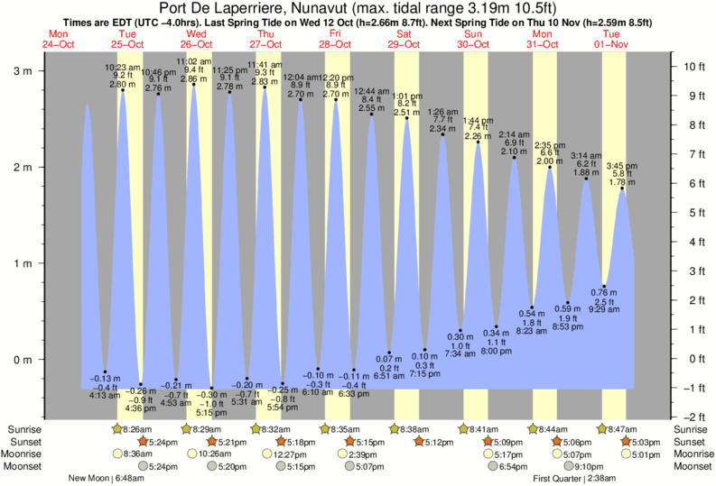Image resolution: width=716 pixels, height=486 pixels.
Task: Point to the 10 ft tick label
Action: pyautogui.click(x=694, y=67)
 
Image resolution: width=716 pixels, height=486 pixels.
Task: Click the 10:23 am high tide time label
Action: pyautogui.click(x=123, y=68)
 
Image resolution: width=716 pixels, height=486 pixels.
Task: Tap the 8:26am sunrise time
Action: pyautogui.click(x=136, y=429)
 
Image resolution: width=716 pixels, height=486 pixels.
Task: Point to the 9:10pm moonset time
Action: pyautogui.click(x=588, y=466)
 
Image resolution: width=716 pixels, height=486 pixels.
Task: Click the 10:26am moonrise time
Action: pyautogui.click(x=209, y=454)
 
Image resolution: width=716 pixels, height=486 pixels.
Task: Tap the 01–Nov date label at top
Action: pyautogui.click(x=611, y=43)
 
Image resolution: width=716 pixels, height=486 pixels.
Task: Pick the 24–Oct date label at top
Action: pyautogui.click(x=57, y=43)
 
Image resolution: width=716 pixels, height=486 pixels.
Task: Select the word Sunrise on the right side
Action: pyautogui.click(x=690, y=429)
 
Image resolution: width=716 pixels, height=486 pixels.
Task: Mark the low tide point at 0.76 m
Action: pyautogui.click(x=605, y=286)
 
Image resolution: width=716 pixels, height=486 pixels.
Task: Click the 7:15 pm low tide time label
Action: pyautogui.click(x=424, y=373)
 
